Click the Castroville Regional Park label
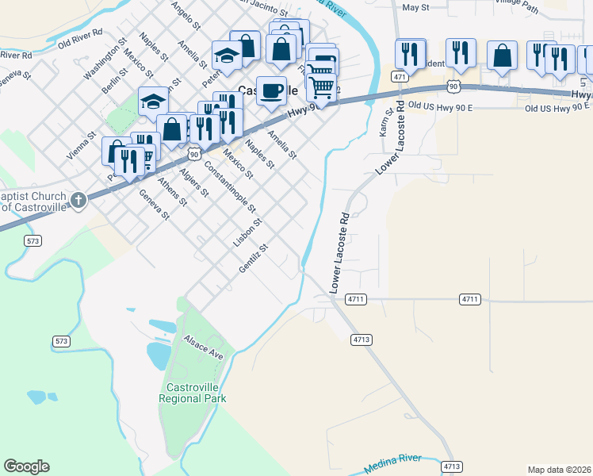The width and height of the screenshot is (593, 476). (193, 393)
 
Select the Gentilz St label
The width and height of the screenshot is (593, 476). (254, 259)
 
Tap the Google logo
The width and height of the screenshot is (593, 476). (26, 466)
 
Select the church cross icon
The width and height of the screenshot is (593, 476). (78, 200)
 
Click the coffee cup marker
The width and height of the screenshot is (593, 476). (271, 90)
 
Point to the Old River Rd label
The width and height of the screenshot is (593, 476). (81, 36)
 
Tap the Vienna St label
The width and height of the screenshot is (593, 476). (75, 147)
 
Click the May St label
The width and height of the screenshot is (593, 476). (415, 7)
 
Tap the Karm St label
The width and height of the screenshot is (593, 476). (384, 123)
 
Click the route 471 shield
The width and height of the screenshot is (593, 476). (399, 78)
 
